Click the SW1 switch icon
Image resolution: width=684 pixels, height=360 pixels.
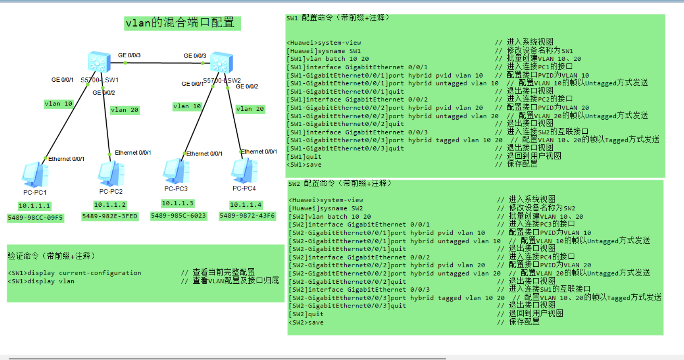[99, 62]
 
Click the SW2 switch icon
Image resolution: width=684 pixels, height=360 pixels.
[221, 63]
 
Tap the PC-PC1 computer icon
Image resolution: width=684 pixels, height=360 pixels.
[35, 175]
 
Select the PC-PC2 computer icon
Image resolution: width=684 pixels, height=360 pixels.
[111, 173]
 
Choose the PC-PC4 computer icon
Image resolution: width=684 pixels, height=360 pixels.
[245, 171]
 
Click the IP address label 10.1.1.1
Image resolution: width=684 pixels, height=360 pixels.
[34, 206]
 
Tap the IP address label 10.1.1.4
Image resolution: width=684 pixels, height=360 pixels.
[246, 205]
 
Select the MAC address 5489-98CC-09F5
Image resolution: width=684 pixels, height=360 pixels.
[35, 217]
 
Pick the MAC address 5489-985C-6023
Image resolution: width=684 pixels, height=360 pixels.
[178, 216]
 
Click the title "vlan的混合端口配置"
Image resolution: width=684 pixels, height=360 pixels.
[182, 23]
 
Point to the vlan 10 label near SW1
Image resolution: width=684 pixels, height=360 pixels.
[58, 104]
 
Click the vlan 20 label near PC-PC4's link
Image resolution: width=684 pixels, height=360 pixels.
[250, 109]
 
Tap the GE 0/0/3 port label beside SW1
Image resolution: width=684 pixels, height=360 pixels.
[129, 55]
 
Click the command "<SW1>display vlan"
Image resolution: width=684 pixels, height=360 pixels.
[41, 282]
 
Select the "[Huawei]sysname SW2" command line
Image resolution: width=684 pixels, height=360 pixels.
[326, 208]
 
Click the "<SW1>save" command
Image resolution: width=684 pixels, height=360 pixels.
[304, 165]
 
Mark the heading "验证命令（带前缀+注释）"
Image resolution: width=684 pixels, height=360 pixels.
[51, 256]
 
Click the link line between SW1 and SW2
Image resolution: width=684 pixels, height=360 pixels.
[162, 63]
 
